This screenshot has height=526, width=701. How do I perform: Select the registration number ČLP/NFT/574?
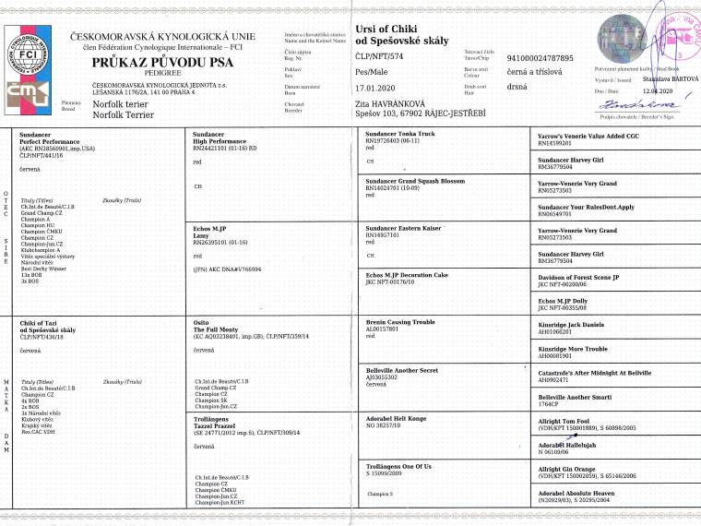[x=377, y=57]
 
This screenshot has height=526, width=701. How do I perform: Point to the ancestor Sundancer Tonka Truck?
[x=402, y=134]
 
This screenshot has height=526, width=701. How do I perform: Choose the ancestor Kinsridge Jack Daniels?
[x=577, y=325]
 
